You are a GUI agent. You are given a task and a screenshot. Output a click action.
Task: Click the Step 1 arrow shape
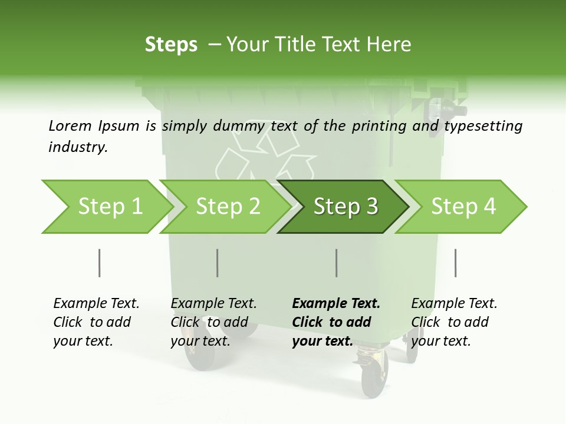[x=106, y=207]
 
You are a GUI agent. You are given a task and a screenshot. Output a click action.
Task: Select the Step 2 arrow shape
[x=227, y=207]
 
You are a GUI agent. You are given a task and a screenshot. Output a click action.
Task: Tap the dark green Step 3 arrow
[x=345, y=207]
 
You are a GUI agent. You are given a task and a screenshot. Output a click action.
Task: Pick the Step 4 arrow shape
[x=463, y=207]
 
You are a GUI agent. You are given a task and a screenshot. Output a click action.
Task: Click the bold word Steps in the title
[x=171, y=45]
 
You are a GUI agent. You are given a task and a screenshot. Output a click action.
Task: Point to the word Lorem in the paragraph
[x=70, y=125]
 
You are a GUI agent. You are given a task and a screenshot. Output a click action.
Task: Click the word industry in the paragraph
[x=77, y=147]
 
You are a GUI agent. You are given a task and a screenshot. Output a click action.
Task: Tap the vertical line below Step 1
[x=99, y=263]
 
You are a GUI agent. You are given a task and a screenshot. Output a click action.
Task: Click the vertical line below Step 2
[x=217, y=263]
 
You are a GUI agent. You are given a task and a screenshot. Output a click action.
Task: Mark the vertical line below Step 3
[x=336, y=263]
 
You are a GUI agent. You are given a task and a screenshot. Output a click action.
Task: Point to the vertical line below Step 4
[x=455, y=263]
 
